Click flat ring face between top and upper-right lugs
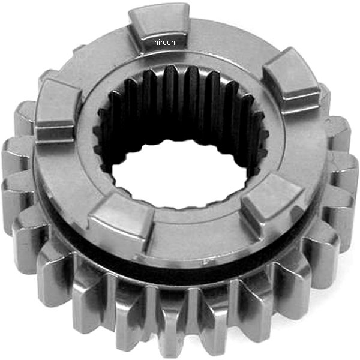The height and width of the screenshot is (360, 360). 228,48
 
